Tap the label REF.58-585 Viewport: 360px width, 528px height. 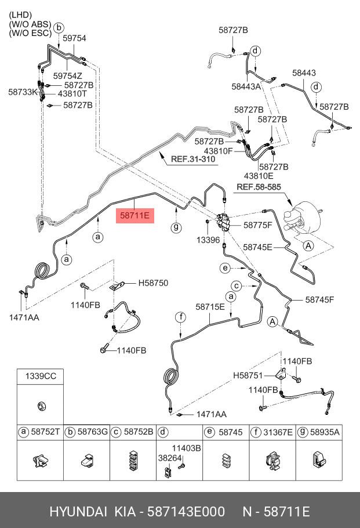[x=259, y=187]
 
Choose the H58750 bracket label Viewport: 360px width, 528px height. [x=152, y=283]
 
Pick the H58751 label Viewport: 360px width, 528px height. [x=248, y=375]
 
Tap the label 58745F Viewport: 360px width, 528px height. [x=321, y=300]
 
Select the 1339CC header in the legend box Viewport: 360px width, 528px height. [x=40, y=377]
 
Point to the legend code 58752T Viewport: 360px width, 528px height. [x=45, y=432]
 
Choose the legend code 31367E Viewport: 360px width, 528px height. [x=278, y=432]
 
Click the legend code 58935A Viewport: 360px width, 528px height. [x=325, y=432]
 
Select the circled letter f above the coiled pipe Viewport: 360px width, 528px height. [x=181, y=317]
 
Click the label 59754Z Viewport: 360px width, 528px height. [x=68, y=76]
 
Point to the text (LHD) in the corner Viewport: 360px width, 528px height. [x=20, y=14]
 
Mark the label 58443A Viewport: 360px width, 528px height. [x=246, y=86]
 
